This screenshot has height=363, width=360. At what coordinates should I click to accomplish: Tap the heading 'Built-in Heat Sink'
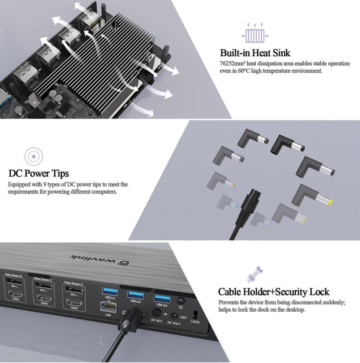(255, 53)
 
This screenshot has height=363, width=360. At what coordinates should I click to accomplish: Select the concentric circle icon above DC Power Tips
(33, 157)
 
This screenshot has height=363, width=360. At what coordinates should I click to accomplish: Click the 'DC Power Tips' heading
(39, 173)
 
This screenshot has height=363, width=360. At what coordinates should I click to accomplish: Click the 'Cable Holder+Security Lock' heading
(273, 292)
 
